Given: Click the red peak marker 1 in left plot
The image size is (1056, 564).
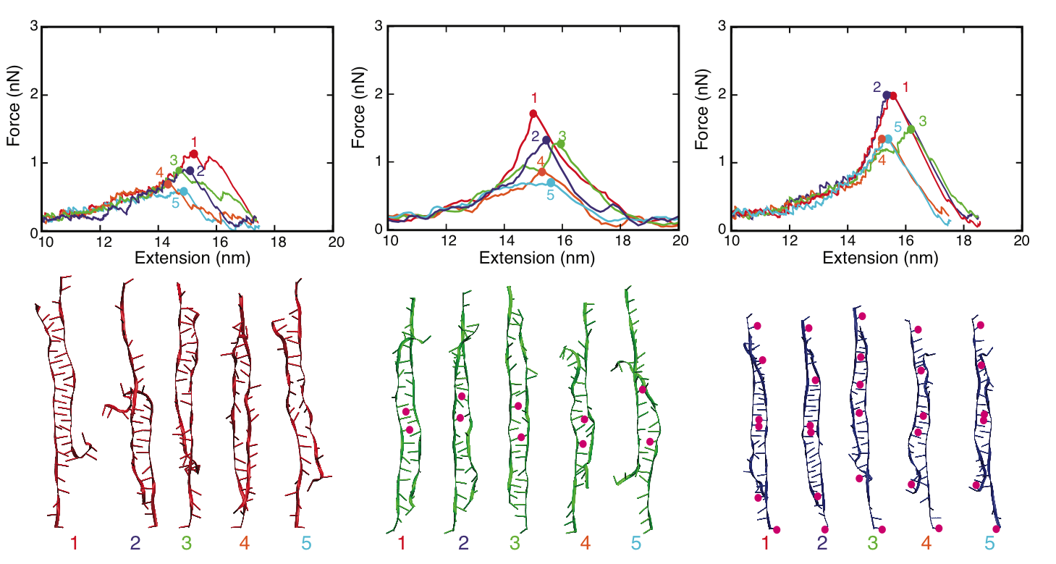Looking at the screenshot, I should pyautogui.click(x=193, y=153).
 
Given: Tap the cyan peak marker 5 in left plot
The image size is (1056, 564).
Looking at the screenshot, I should pyautogui.click(x=183, y=191).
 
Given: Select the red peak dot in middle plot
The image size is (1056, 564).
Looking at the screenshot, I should pyautogui.click(x=533, y=114).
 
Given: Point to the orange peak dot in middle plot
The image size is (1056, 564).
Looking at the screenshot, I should pyautogui.click(x=542, y=172).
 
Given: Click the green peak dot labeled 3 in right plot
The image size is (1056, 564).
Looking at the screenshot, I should pyautogui.click(x=911, y=129).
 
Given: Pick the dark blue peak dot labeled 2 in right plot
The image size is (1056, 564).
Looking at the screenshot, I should pyautogui.click(x=886, y=95).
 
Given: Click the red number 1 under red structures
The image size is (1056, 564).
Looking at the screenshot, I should pyautogui.click(x=75, y=542).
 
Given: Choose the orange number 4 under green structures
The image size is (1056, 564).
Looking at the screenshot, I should pyautogui.click(x=585, y=542).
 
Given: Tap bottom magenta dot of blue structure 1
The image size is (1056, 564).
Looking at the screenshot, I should pyautogui.click(x=777, y=530).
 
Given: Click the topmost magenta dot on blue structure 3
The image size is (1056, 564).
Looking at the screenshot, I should pyautogui.click(x=862, y=316).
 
